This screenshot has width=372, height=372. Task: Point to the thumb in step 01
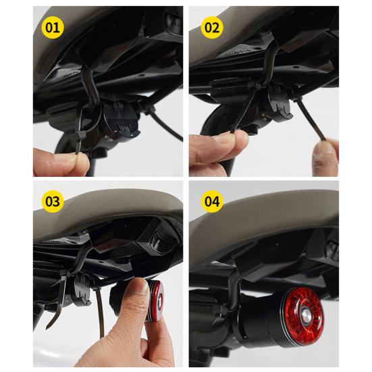click(57, 162)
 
